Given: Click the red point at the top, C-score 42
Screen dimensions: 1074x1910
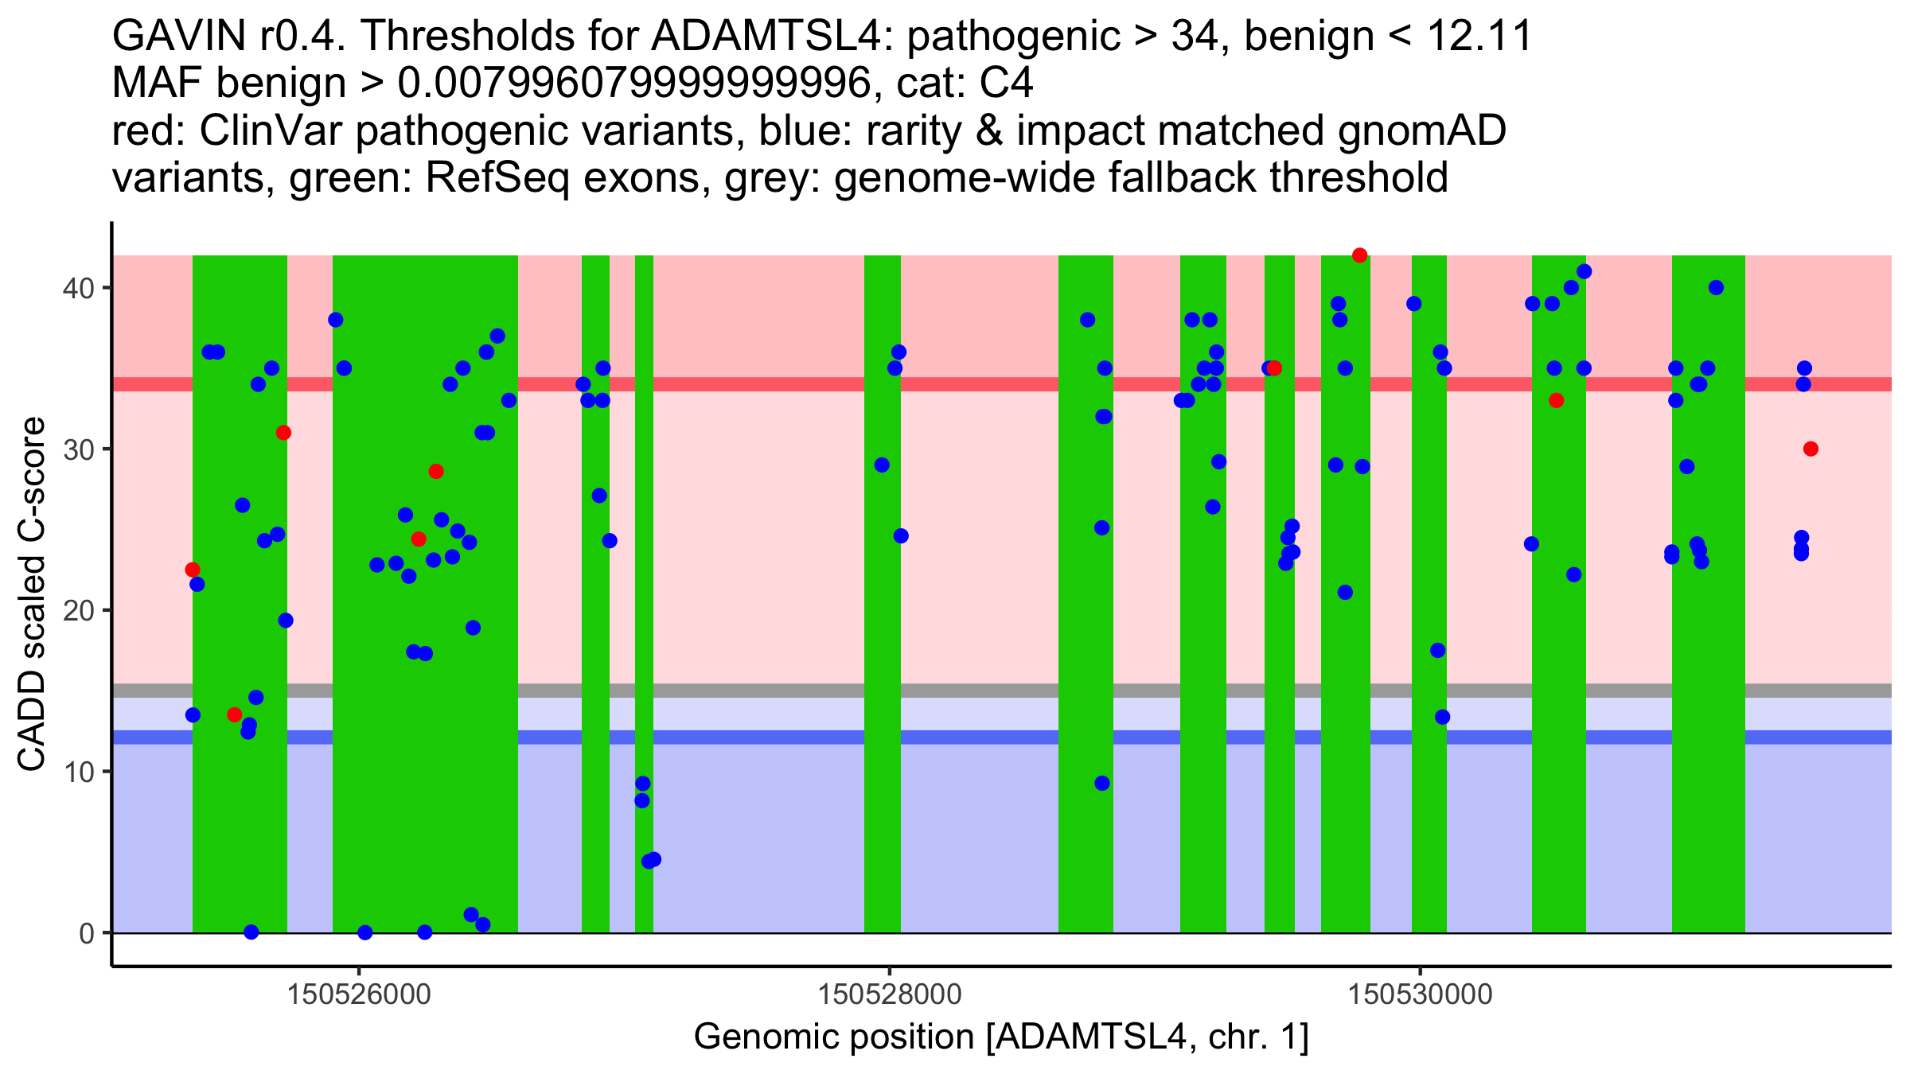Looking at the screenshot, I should point(1359,255).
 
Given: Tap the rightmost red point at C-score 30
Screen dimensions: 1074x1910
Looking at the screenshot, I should point(1811,449).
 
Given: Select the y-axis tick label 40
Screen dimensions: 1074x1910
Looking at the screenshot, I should point(78,288).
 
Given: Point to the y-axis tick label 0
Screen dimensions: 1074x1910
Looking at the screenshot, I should point(87,933).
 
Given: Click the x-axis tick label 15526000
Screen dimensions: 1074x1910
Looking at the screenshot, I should point(359,994).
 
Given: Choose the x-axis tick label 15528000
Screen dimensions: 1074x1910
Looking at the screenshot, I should point(890,994).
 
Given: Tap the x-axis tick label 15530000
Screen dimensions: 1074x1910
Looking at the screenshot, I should point(1420,994).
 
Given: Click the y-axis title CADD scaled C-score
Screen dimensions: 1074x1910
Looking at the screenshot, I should point(32,594).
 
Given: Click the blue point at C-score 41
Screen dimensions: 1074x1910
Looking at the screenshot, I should point(1584,272).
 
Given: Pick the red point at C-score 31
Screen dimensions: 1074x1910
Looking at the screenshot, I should point(283,433).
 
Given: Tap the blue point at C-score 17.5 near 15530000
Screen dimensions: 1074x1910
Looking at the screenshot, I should point(1437,651).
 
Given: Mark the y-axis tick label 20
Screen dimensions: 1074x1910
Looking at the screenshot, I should point(78,611).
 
